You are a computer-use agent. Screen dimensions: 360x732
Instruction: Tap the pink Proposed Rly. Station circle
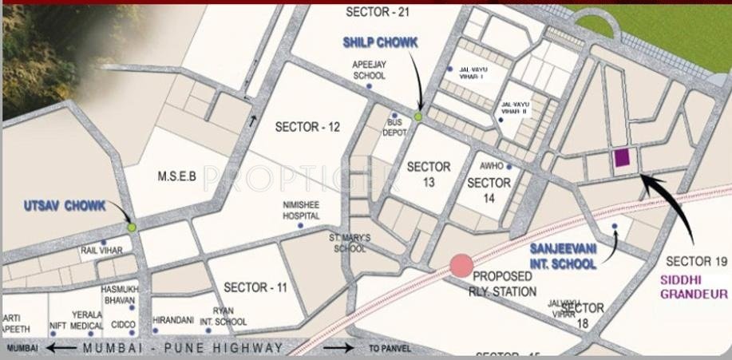click(461, 266)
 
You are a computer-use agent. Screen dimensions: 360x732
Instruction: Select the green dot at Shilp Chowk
click(417, 117)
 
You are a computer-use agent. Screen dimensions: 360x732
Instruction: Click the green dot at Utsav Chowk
click(132, 227)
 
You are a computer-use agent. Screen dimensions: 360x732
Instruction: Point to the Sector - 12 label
click(307, 127)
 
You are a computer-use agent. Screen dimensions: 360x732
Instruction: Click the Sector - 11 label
click(255, 287)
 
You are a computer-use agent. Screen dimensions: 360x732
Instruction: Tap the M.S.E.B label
click(176, 176)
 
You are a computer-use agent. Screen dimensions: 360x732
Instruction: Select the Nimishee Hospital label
click(301, 210)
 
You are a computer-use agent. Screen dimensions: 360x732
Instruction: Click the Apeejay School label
click(369, 70)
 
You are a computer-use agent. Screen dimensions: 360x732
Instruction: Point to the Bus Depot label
click(394, 129)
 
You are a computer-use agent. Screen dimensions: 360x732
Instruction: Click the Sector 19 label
click(697, 261)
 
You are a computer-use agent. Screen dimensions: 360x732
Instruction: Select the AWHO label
click(490, 167)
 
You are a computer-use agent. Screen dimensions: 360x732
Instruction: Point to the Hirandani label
click(172, 319)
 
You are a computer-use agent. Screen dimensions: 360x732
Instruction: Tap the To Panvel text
click(390, 349)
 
